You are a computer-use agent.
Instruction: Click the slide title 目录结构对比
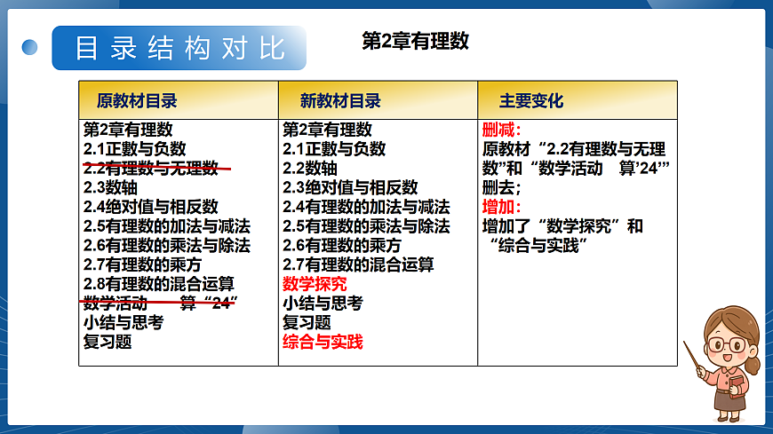tap(179, 48)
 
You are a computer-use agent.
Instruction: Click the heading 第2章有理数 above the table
tap(415, 41)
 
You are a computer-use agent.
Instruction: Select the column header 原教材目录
tap(137, 100)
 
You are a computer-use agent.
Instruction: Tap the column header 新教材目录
tap(340, 100)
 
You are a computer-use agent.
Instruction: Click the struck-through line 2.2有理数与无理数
tap(151, 168)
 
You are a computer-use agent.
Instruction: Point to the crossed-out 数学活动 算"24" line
tap(161, 304)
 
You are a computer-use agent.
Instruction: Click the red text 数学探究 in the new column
tap(315, 284)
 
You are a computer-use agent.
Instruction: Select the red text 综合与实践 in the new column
tap(323, 342)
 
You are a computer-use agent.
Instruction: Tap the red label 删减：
tap(500, 130)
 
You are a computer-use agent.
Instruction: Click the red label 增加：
tap(500, 207)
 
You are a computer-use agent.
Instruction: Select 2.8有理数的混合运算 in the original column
tap(159, 284)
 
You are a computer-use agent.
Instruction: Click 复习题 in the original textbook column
tap(108, 342)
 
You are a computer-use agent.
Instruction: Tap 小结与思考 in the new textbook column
tap(323, 304)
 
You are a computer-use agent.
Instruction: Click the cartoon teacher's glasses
tap(729, 343)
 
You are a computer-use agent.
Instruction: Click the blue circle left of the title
tap(30, 47)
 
